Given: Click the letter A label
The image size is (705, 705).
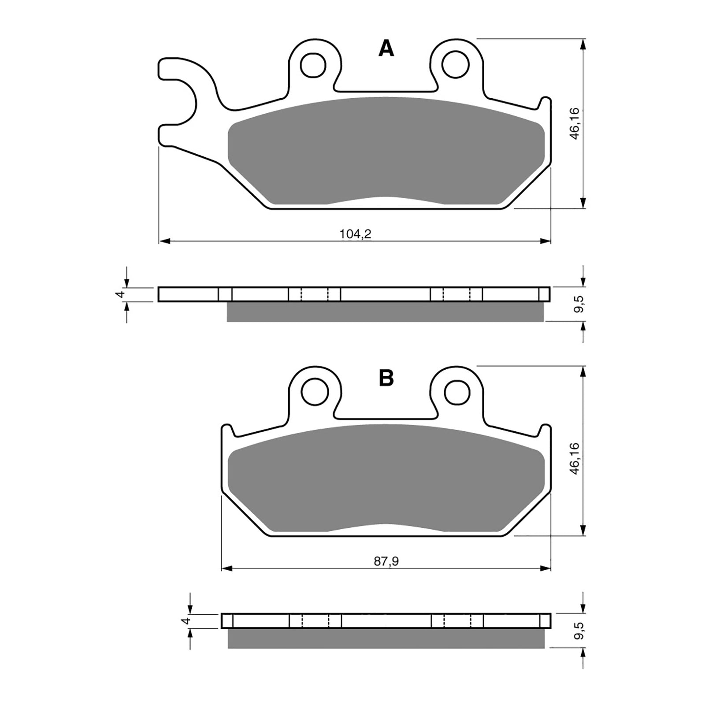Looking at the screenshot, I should tap(386, 49).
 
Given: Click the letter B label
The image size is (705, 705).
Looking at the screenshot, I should tap(386, 378).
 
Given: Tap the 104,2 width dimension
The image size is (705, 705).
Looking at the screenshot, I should tap(355, 234).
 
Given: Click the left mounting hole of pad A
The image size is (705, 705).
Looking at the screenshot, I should tap(314, 65).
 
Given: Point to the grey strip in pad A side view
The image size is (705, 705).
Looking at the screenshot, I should tap(386, 312).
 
